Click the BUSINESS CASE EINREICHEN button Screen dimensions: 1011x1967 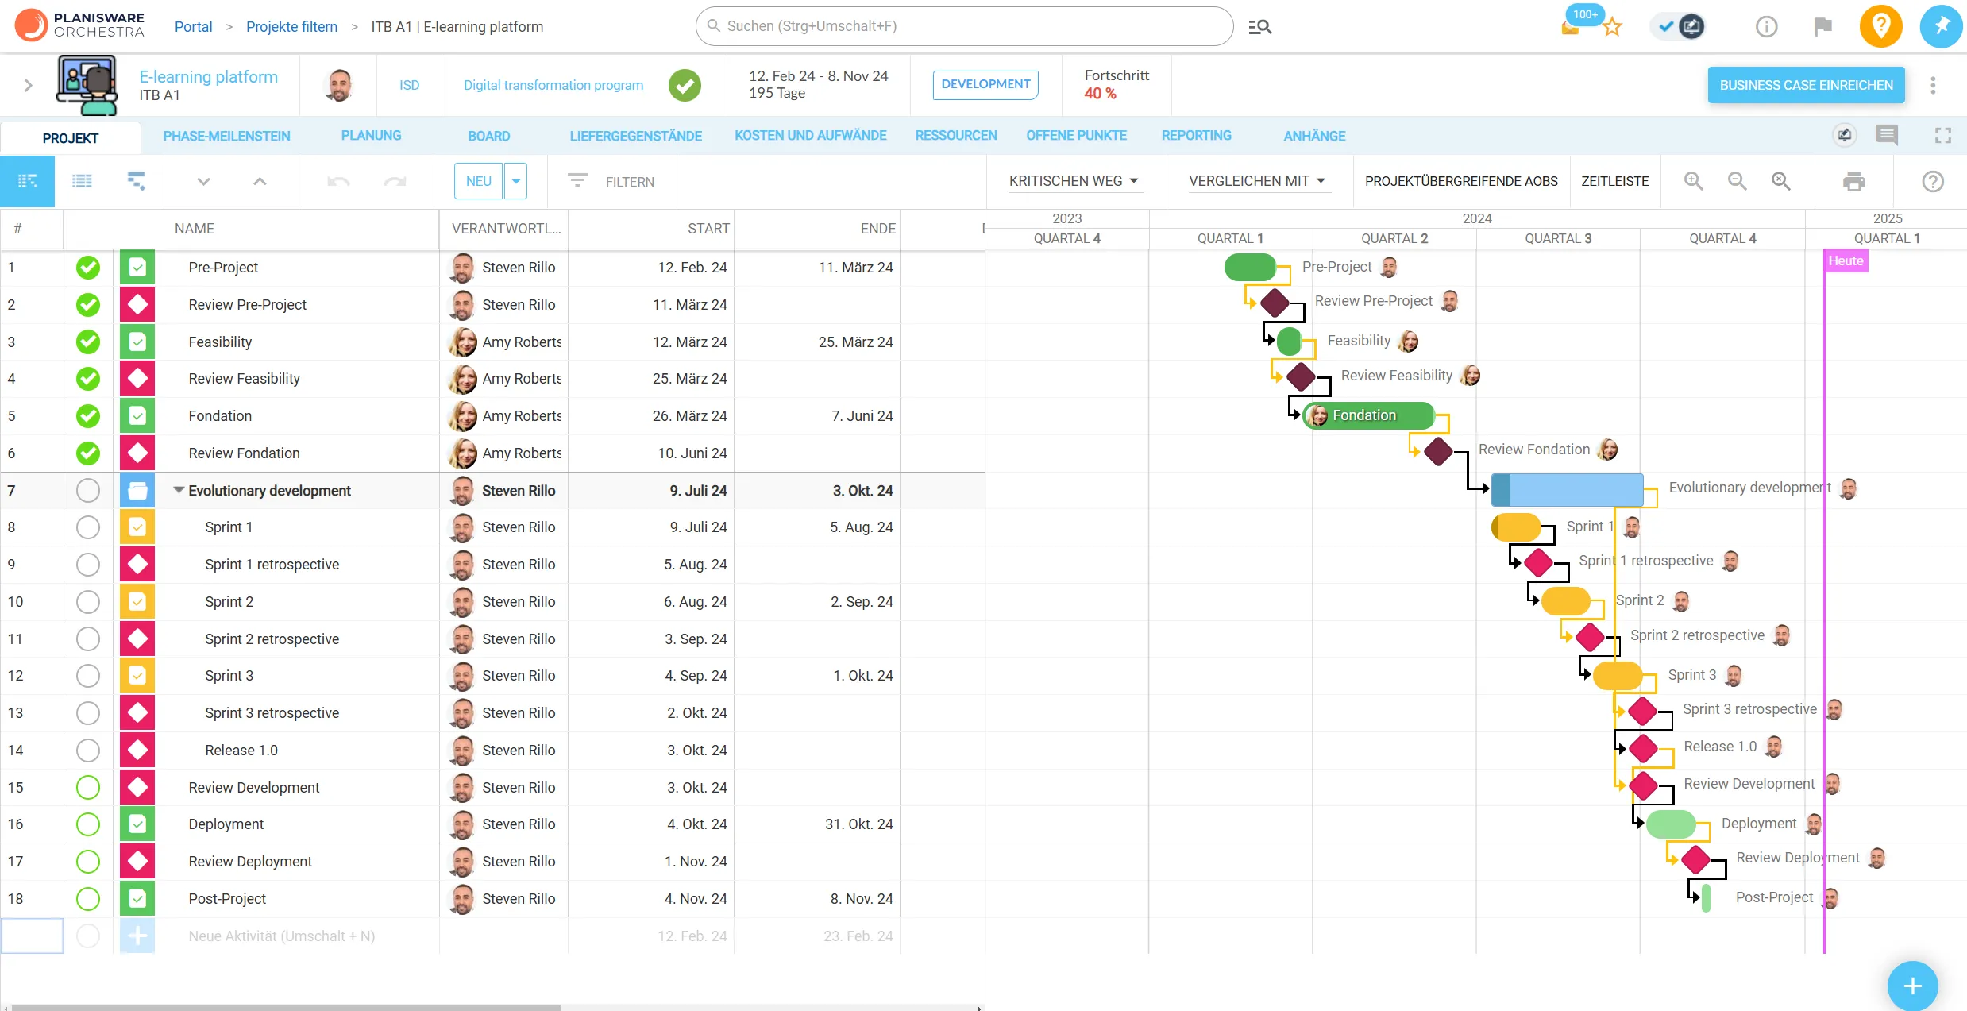1805,85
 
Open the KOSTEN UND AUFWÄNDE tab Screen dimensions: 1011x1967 810,136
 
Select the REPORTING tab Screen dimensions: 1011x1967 1196,136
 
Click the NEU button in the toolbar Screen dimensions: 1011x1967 478,181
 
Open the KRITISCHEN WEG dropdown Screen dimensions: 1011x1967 1074,181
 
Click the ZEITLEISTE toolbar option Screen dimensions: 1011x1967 1614,181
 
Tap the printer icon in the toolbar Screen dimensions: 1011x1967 1853,181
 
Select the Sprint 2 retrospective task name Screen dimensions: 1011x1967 272,639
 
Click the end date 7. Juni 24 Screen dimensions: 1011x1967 862,415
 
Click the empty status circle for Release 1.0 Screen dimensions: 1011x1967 88,750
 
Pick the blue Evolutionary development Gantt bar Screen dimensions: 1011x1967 1568,490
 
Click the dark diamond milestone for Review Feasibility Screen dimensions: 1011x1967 1301,376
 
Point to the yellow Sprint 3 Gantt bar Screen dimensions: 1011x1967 1617,675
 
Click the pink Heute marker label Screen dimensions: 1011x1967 1845,260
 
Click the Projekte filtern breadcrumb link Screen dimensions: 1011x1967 291,26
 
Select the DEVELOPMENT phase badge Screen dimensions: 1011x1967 985,84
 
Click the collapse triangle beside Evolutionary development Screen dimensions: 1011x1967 179,490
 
